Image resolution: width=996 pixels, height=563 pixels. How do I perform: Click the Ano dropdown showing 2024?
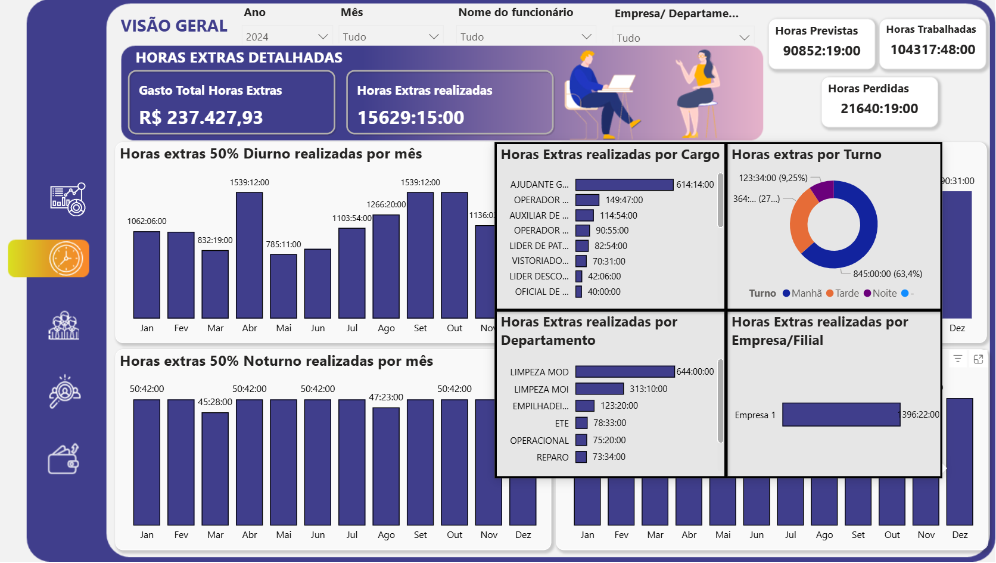[287, 37]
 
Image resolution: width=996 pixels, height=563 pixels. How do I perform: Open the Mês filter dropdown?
[391, 37]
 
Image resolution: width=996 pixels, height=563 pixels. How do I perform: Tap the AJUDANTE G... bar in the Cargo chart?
[624, 185]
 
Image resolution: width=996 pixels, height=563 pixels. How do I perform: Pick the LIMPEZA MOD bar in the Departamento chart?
[625, 372]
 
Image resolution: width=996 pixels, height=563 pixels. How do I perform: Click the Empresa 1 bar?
[841, 415]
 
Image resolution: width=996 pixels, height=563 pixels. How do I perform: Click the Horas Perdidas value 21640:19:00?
[879, 109]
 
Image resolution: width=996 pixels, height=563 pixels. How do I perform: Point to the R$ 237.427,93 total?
[201, 117]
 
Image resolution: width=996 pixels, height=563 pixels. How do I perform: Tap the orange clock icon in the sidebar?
[66, 259]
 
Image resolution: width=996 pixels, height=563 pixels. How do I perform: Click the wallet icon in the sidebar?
[64, 459]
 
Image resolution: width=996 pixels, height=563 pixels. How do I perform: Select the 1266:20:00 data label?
[386, 204]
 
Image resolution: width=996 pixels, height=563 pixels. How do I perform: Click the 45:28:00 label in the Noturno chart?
[215, 402]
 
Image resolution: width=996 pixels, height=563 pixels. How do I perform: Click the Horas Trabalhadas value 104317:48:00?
[932, 50]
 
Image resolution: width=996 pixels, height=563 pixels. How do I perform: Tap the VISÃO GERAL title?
[174, 26]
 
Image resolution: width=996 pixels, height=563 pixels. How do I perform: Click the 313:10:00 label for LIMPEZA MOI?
[648, 389]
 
